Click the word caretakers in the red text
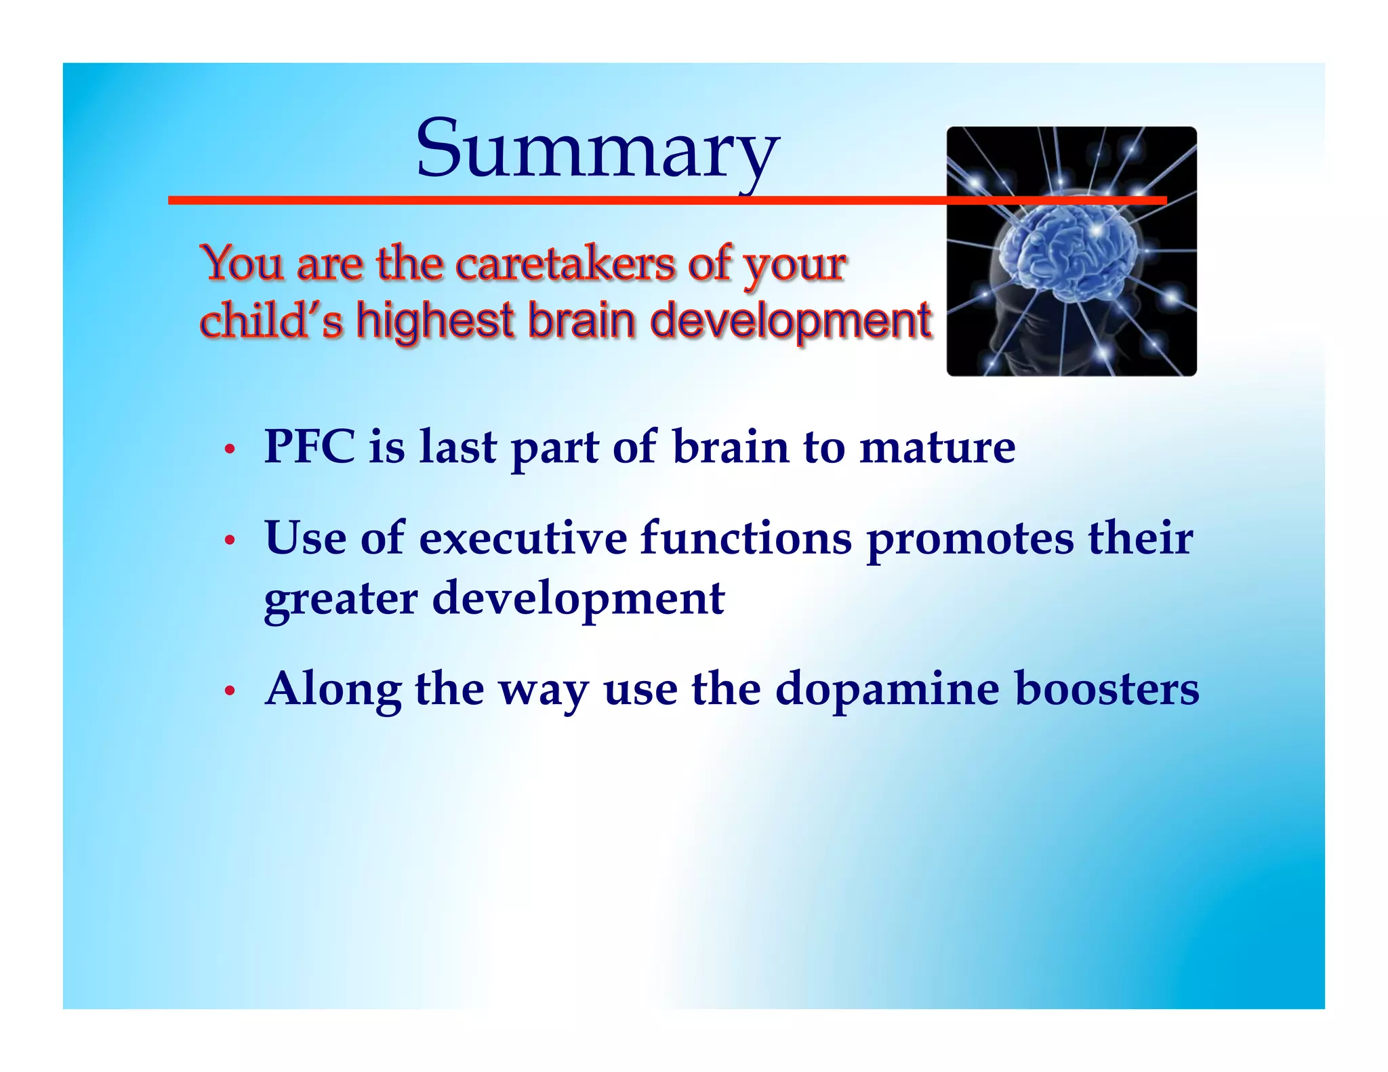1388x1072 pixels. (x=565, y=264)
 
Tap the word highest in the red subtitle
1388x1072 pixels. (x=434, y=321)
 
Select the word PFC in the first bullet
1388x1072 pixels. (x=309, y=447)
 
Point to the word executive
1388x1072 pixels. (x=523, y=539)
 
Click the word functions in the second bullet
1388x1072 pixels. (x=746, y=539)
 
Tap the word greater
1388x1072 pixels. (x=340, y=599)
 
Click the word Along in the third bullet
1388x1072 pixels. (x=333, y=690)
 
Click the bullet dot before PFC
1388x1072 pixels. (x=230, y=449)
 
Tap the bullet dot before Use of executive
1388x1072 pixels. (x=230, y=540)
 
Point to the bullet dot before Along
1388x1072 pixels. (x=230, y=691)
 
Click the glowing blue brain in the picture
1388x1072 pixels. (x=1071, y=251)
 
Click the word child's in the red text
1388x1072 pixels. (x=271, y=321)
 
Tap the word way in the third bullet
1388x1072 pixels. (x=543, y=690)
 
